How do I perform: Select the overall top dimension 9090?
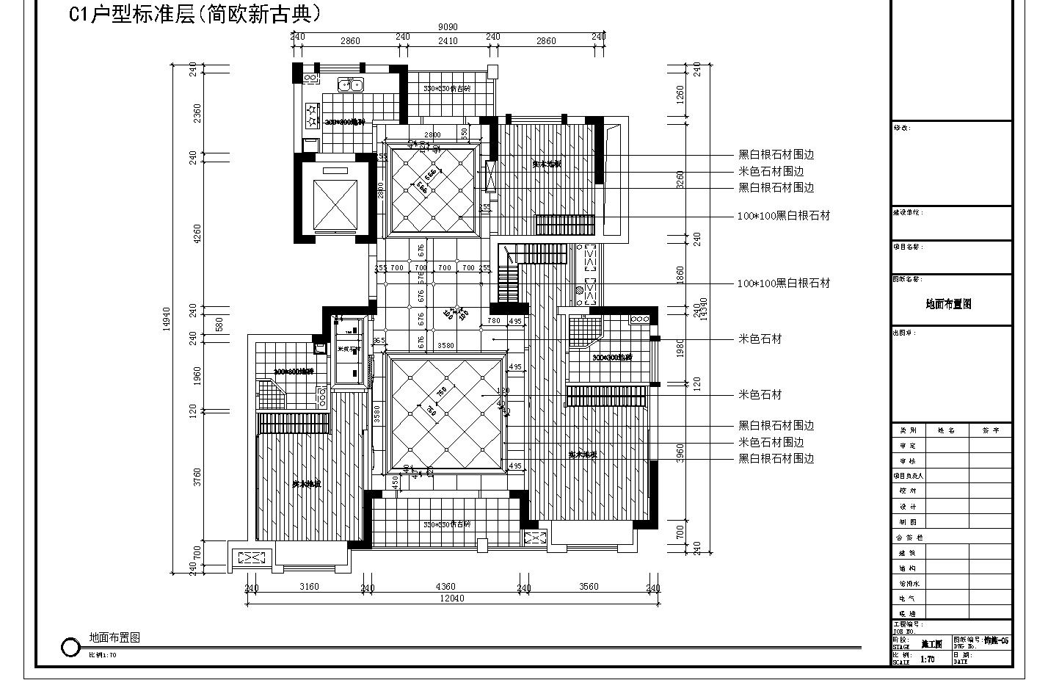(x=448, y=27)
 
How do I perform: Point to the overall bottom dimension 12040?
(x=451, y=598)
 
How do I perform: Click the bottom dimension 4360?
(x=445, y=587)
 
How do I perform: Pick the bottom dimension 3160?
(x=310, y=587)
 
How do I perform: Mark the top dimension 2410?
(x=448, y=41)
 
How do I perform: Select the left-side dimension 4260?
(x=197, y=234)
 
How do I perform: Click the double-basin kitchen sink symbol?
(x=350, y=85)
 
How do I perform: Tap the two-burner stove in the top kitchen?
(x=311, y=115)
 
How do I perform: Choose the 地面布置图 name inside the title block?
(x=948, y=304)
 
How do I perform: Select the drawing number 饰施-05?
(x=996, y=640)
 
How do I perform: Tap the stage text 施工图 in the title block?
(x=931, y=643)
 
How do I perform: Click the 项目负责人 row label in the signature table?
(x=908, y=476)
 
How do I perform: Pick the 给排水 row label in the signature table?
(x=908, y=584)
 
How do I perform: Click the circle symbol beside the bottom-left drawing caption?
(x=70, y=647)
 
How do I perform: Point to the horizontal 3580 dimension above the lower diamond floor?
(x=445, y=346)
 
